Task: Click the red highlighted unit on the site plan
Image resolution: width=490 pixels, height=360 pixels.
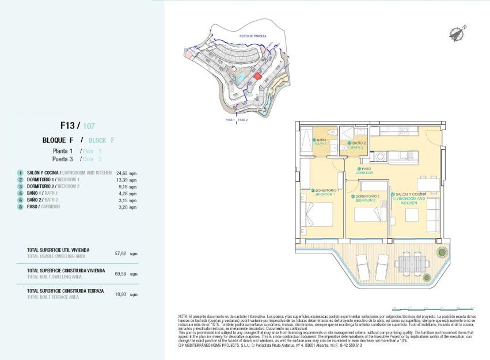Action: click(258, 75)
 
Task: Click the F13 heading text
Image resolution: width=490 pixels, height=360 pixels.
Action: click(70, 125)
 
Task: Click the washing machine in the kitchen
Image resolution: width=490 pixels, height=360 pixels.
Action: click(381, 156)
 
